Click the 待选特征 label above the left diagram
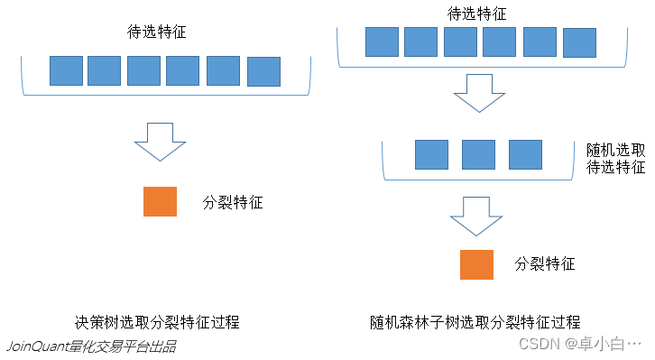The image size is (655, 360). pos(157,33)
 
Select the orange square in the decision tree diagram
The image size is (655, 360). pos(160,201)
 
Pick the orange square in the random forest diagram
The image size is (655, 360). pos(476,263)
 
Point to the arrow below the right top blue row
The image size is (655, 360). pos(477,93)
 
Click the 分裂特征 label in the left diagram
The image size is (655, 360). pos(233,203)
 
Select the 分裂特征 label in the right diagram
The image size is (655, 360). pos(545,264)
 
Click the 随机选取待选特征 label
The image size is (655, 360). pos(615,157)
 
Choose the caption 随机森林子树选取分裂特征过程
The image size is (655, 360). pos(475,322)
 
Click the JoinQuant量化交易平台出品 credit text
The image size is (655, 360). pos(91,346)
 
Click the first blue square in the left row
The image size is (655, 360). pos(66,70)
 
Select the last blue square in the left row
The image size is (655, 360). pos(263,71)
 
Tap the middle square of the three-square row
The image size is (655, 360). pos(478,154)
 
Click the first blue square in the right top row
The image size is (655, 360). pos(382,42)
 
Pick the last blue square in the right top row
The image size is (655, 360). pos(579,42)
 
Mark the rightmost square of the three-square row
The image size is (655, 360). pos(525,154)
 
